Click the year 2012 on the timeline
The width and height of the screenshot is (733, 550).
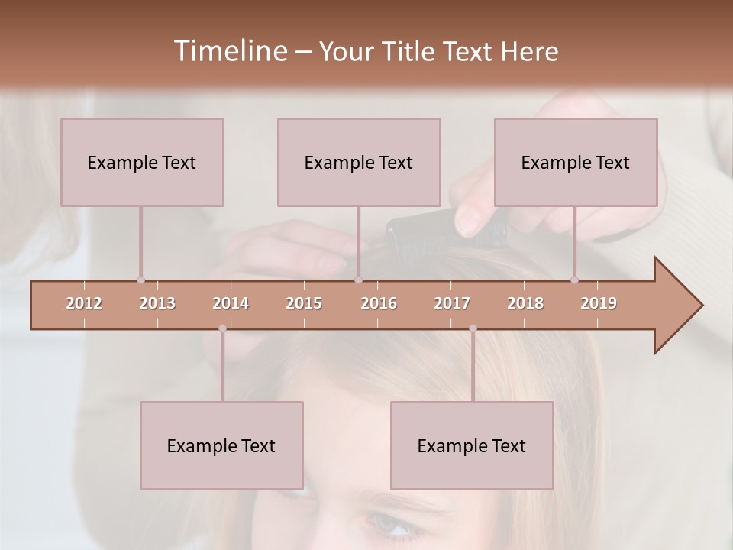(x=84, y=303)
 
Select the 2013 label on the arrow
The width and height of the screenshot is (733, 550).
(x=157, y=303)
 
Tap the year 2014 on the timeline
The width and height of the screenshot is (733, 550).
(x=231, y=303)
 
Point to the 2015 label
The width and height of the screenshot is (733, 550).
(x=304, y=303)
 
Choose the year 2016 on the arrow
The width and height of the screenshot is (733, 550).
(x=379, y=303)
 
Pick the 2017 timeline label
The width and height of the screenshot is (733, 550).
(x=452, y=303)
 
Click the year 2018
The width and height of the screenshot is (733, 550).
(x=525, y=303)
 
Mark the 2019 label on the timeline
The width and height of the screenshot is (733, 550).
(x=599, y=303)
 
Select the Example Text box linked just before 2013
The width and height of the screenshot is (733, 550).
(x=142, y=162)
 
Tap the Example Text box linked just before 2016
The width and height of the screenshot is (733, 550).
(x=359, y=162)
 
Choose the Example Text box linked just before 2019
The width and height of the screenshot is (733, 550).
(x=576, y=162)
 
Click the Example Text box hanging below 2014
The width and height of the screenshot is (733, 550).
(x=221, y=445)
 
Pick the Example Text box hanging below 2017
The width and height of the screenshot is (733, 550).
(x=472, y=445)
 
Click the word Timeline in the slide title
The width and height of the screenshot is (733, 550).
(x=229, y=51)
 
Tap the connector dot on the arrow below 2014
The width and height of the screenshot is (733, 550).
(x=222, y=328)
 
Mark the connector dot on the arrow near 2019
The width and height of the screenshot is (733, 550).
(x=574, y=280)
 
